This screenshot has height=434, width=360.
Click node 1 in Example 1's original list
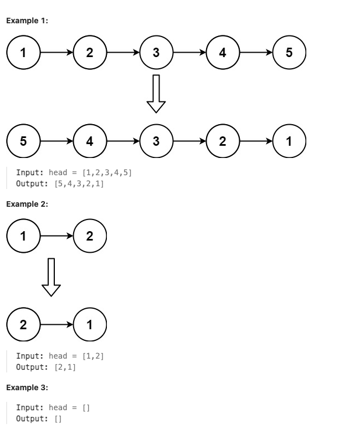23,53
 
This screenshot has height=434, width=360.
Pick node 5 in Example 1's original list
289,53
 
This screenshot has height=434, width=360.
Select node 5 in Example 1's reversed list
23,141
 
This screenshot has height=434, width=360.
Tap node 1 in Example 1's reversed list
289,141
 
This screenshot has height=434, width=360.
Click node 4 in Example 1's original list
222,53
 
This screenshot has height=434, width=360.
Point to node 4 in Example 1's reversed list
89,141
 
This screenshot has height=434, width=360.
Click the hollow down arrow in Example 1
156,92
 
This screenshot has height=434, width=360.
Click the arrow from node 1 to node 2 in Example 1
56,53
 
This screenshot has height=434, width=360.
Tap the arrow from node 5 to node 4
56,141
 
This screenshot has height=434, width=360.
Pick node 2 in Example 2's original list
89,235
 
